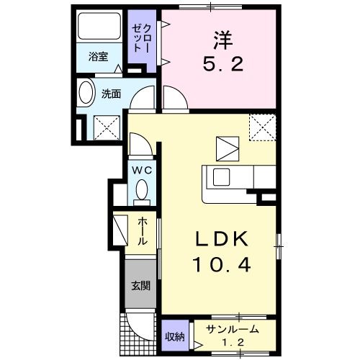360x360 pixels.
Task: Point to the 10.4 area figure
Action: [221, 265]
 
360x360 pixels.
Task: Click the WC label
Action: [141, 170]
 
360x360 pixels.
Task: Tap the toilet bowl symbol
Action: [141, 190]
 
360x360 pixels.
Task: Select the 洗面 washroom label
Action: [110, 93]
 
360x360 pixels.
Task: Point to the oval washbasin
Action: [86, 94]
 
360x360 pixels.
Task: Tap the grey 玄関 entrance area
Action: [140, 284]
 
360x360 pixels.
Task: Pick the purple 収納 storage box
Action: [175, 336]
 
